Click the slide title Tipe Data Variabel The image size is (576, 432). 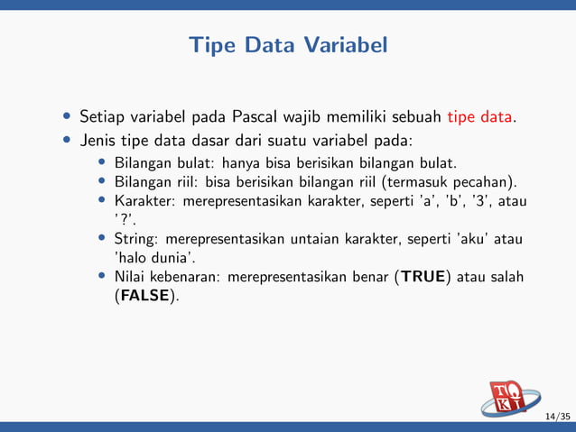287,44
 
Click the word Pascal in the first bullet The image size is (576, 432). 258,116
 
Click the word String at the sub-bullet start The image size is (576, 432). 134,239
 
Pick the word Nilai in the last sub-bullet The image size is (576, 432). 130,277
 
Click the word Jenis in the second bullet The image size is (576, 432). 100,141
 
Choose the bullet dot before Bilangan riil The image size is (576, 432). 102,181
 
